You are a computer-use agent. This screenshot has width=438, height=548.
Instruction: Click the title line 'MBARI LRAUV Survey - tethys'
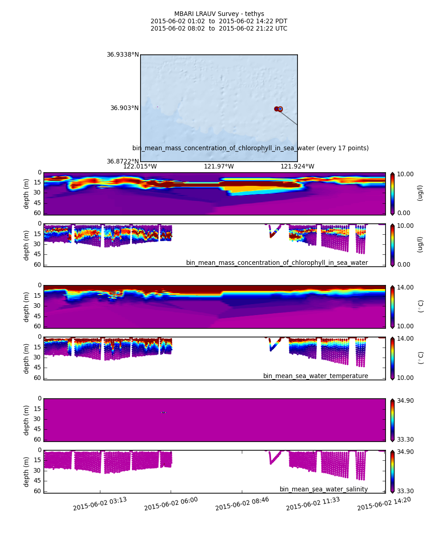pos(219,14)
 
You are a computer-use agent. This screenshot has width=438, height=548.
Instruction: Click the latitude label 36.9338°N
pos(123,55)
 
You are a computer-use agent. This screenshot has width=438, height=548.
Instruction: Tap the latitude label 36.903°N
pos(125,108)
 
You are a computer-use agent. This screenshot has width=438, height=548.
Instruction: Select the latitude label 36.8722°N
pos(123,162)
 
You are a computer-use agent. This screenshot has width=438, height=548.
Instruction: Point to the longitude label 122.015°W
pos(140,167)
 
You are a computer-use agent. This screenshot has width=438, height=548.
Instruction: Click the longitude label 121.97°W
pos(219,167)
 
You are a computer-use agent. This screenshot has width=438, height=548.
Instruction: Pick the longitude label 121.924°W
pos(297,167)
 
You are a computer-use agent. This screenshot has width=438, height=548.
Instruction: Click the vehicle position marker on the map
pos(280,109)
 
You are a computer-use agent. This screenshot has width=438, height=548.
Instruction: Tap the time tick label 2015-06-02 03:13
pos(100,504)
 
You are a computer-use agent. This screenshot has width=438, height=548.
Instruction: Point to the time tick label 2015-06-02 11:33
pos(313,504)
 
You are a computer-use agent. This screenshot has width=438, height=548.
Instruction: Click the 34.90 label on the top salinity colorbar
pos(405,401)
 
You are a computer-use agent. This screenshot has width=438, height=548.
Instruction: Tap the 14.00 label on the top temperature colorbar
pos(405,287)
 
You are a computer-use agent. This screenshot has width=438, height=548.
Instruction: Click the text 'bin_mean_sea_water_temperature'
pos(315,376)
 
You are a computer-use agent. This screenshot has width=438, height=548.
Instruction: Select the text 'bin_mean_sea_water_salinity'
pos(323,490)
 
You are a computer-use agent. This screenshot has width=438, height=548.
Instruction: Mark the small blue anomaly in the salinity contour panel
pos(163,412)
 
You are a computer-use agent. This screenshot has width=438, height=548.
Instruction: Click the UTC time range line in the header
pos(219,29)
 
